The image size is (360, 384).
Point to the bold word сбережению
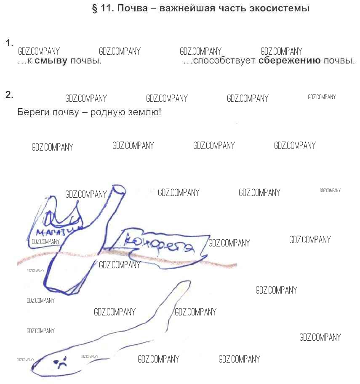pyautogui.click(x=290, y=61)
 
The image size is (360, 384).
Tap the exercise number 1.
pyautogui.click(x=9, y=43)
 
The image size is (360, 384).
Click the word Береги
pyautogui.click(x=32, y=113)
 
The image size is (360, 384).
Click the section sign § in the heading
pyautogui.click(x=95, y=8)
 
